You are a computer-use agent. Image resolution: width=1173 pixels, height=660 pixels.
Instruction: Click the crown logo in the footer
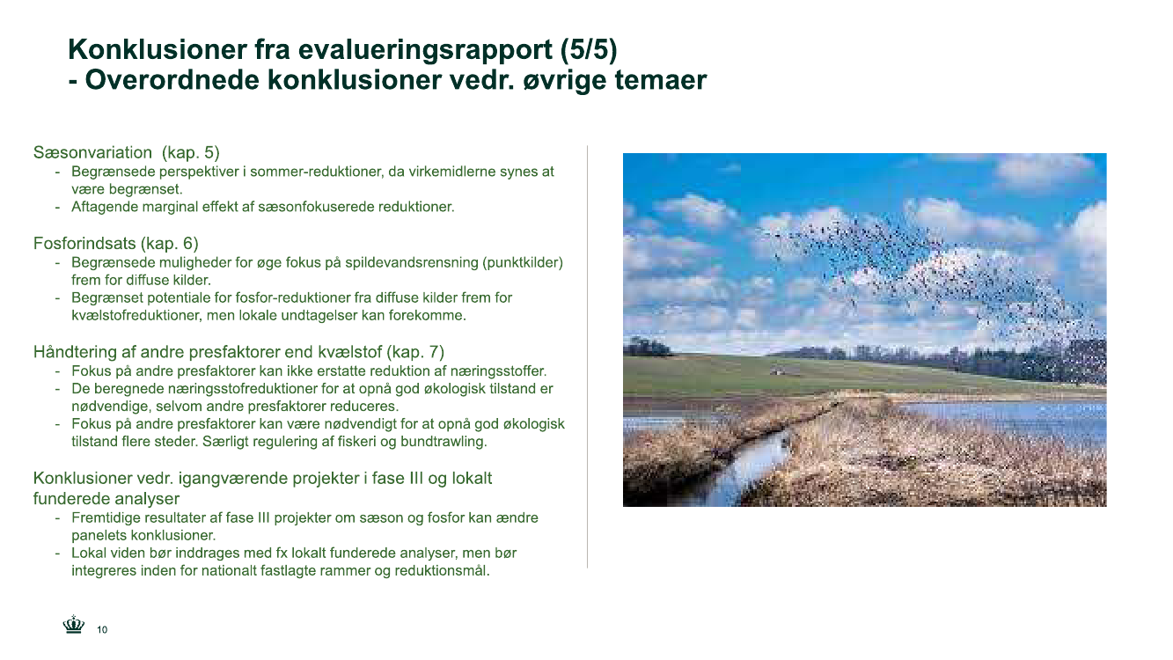click(74, 625)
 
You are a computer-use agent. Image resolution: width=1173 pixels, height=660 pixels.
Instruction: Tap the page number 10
click(102, 629)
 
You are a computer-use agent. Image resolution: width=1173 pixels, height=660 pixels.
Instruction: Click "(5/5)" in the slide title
click(589, 49)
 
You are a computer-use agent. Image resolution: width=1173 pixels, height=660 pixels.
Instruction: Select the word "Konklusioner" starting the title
click(158, 49)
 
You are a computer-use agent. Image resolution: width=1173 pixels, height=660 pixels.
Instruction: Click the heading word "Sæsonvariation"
click(92, 152)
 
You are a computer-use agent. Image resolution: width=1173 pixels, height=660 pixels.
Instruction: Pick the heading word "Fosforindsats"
click(84, 243)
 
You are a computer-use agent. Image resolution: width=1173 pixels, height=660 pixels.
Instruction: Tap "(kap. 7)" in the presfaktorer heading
click(414, 352)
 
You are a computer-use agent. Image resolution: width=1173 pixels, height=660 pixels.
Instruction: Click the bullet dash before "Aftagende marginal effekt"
click(57, 207)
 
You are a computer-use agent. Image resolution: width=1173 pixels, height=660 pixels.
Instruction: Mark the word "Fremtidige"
click(106, 518)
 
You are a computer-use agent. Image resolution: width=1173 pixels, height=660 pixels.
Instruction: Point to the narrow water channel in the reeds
click(754, 461)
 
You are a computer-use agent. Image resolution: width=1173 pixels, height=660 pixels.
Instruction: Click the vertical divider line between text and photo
click(588, 356)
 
